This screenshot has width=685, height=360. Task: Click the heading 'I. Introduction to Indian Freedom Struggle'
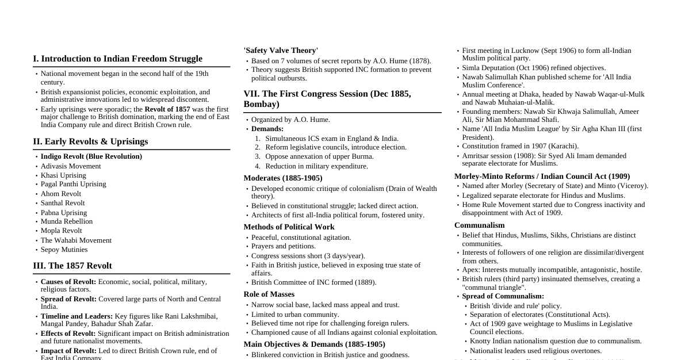tap(117, 59)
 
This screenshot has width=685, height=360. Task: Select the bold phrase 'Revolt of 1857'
tap(167, 109)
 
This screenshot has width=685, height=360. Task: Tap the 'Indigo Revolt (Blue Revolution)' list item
tap(91, 156)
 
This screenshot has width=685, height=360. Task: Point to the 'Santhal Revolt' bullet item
tap(63, 203)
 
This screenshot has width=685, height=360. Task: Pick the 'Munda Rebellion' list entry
tap(66, 221)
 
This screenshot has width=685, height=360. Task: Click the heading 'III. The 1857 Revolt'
tap(72, 266)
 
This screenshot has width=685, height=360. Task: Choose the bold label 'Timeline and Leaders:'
tap(76, 316)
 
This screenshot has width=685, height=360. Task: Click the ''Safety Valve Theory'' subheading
tap(281, 51)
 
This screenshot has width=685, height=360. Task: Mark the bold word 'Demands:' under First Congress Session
tap(267, 129)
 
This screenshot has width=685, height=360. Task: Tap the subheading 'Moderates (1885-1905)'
tap(282, 178)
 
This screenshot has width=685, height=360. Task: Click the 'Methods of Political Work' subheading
tap(289, 227)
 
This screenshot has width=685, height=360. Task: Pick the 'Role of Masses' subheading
tap(269, 294)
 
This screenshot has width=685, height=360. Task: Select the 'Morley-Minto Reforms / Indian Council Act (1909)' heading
tap(542, 177)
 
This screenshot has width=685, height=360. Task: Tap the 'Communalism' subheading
tap(479, 225)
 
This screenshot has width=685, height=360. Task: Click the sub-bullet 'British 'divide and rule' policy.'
tap(515, 306)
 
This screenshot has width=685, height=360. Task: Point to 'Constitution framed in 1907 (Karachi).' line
tap(520, 146)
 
